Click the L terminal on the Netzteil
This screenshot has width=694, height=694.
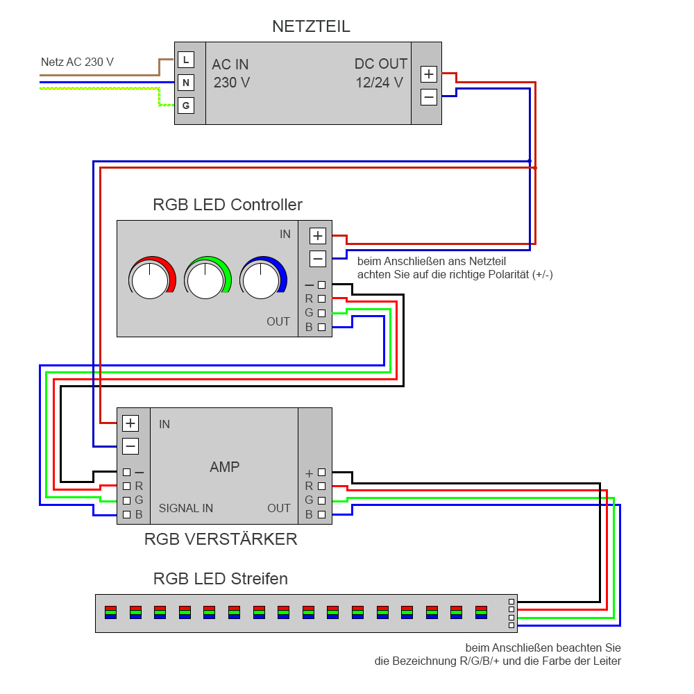click(185, 60)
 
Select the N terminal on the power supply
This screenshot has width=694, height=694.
click(185, 83)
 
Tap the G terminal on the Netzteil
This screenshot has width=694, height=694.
click(185, 106)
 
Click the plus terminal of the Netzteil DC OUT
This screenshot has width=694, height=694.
click(429, 74)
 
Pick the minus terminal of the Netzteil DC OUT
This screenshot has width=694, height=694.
click(429, 97)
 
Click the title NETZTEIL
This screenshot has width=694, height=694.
click(311, 27)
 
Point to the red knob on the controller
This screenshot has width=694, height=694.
click(150, 280)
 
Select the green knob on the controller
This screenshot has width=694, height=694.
click(205, 280)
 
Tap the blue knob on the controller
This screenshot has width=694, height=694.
click(262, 280)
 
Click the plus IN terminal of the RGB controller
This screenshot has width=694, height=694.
click(318, 235)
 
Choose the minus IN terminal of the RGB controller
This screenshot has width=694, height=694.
click(318, 259)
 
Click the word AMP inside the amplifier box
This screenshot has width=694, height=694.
click(224, 467)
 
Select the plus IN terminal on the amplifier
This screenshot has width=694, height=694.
click(130, 423)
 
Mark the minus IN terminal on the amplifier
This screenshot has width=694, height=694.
click(130, 446)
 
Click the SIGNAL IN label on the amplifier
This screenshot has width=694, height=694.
click(186, 508)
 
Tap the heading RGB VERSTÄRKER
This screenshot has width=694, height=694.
click(221, 539)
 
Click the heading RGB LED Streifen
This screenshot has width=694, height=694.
click(221, 579)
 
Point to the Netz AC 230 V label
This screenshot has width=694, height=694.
click(77, 62)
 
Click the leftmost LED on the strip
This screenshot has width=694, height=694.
click(111, 612)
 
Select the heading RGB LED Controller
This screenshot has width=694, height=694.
click(228, 205)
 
